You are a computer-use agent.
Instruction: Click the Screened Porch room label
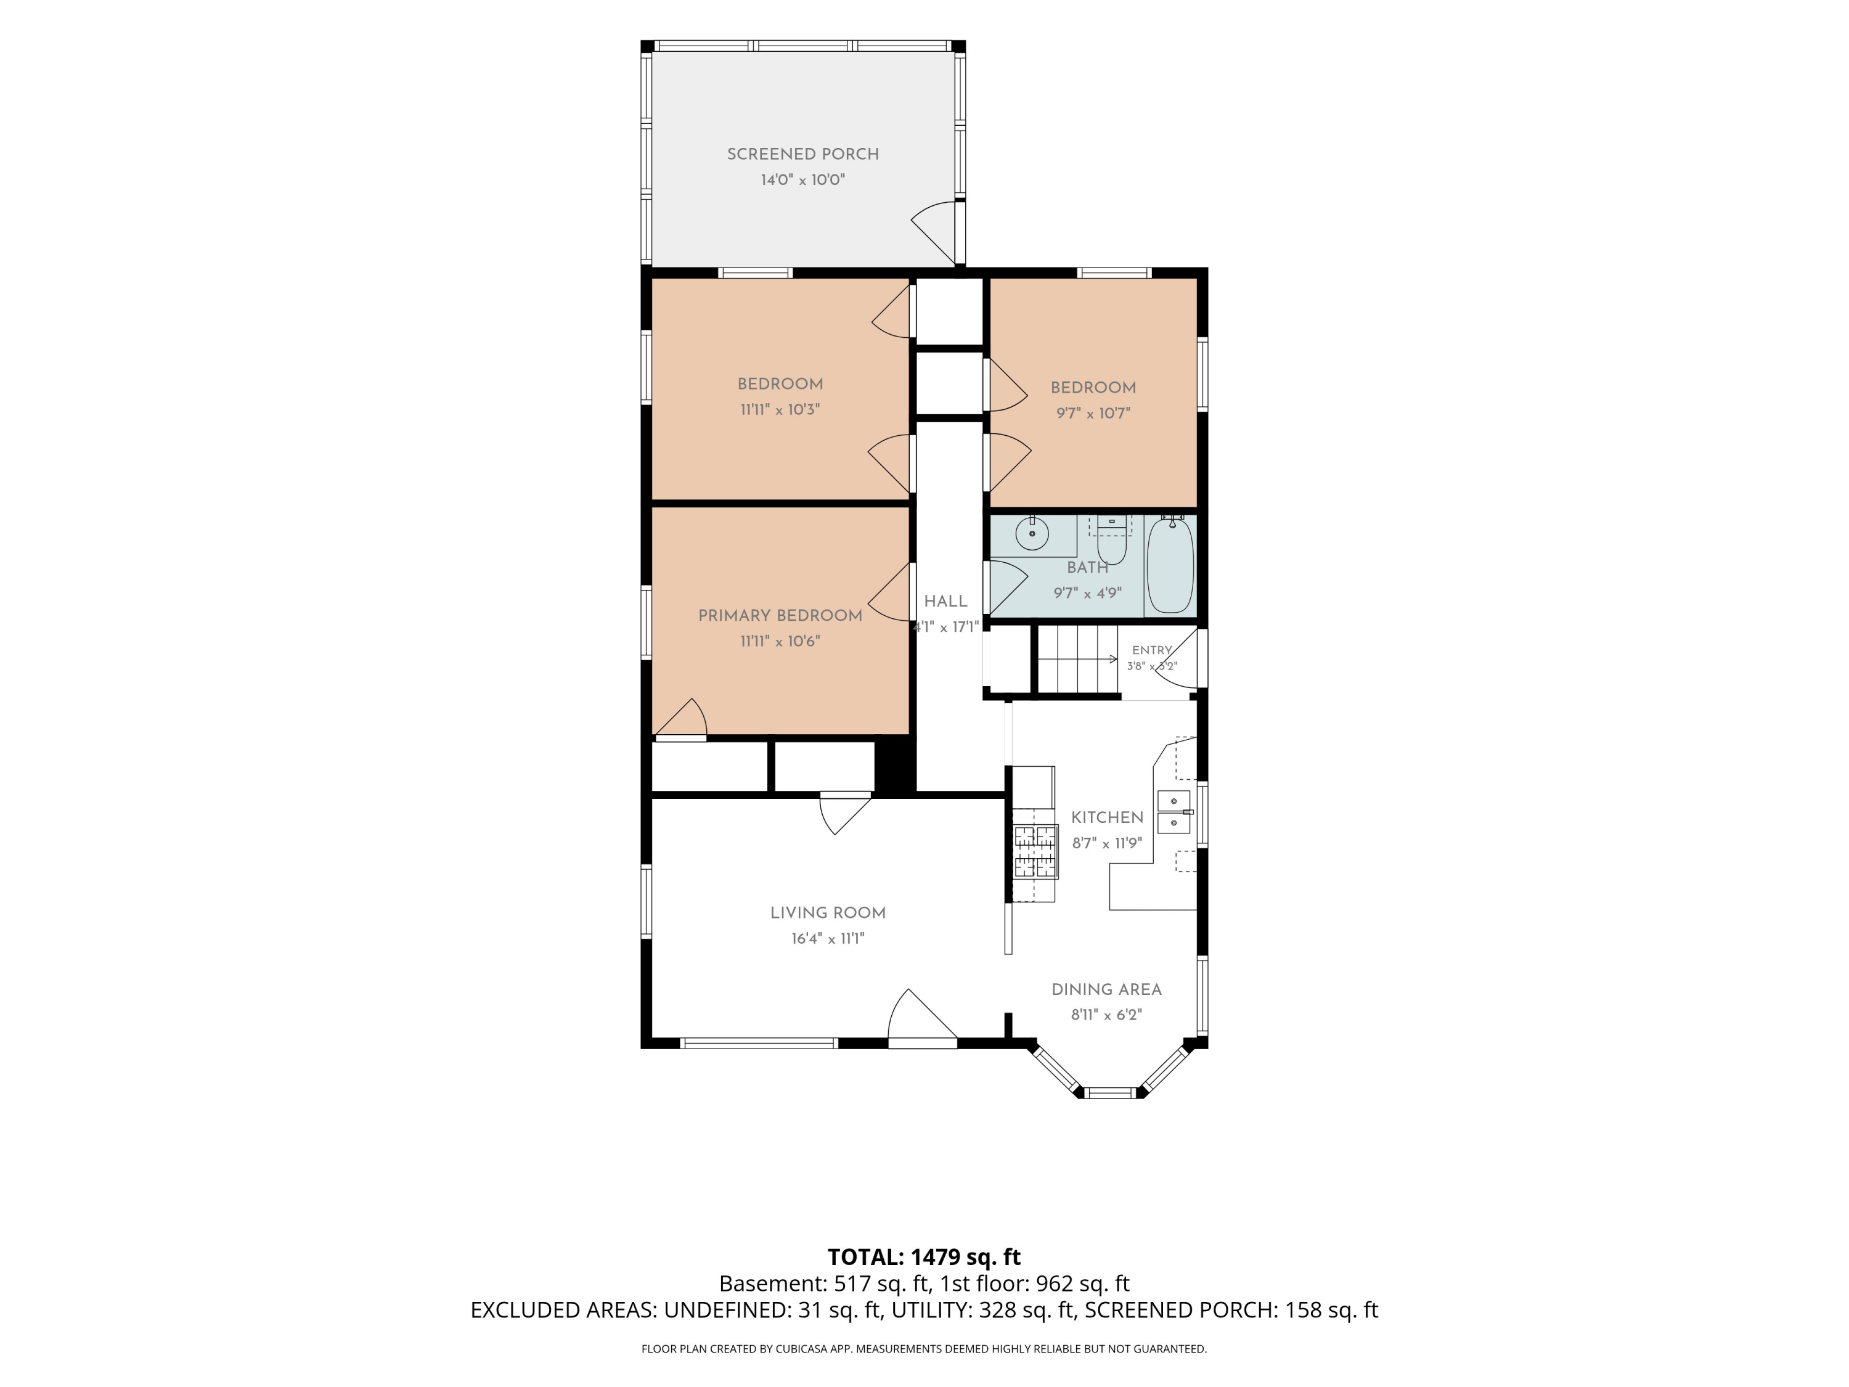802,154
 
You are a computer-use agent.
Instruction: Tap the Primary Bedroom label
780,615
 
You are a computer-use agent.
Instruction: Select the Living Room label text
828,913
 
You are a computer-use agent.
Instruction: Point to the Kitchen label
1107,817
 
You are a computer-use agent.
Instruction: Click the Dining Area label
1106,990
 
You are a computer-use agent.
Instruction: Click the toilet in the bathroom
1112,540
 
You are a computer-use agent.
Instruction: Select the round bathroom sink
1032,533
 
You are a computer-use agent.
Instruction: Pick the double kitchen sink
1173,812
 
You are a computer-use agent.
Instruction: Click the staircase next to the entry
1077,659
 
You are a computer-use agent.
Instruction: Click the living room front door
922,1018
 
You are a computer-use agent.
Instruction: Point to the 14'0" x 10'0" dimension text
802,180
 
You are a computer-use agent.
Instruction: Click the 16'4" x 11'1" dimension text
828,939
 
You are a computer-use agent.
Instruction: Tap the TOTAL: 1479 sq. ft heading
924,1258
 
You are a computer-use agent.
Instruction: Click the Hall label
945,601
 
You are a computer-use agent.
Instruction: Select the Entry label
1152,650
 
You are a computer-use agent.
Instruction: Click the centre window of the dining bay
1109,1093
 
